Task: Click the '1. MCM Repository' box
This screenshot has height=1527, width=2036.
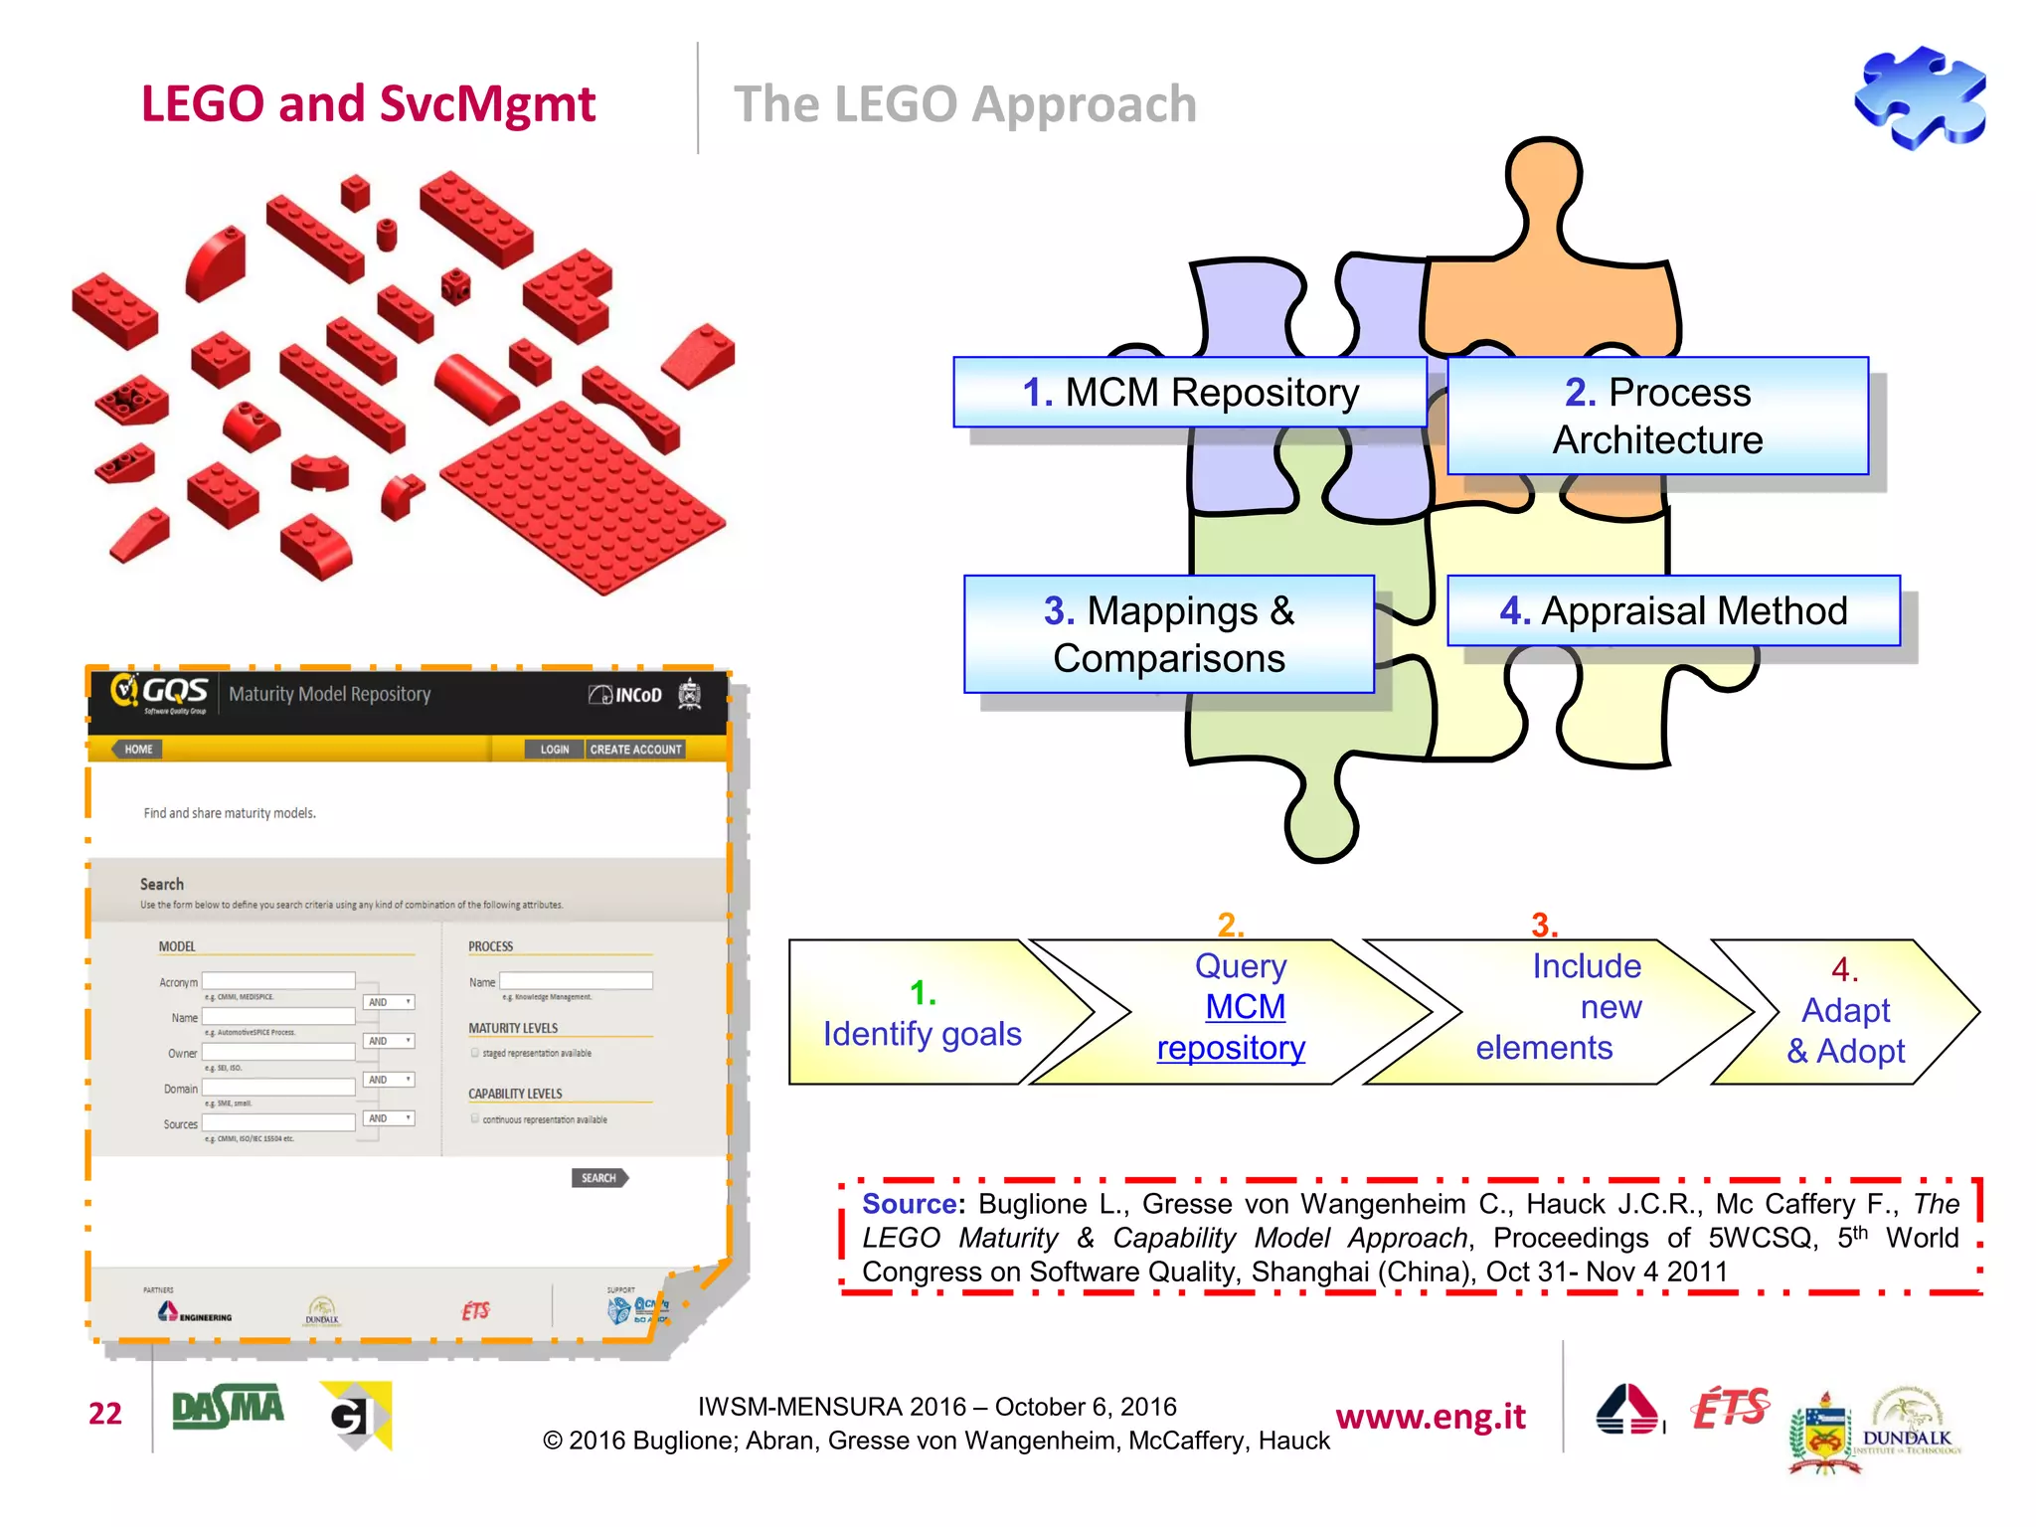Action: pos(1189,393)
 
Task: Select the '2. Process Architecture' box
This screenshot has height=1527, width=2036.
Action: pos(1657,416)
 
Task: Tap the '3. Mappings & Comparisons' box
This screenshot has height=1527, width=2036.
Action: pos(1168,634)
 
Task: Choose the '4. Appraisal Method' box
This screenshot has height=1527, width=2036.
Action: pos(1672,610)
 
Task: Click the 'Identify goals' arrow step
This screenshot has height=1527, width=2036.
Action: pos(923,1014)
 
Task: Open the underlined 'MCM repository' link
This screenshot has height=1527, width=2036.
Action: pos(1234,1028)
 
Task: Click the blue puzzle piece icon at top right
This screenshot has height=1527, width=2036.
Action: pos(1920,97)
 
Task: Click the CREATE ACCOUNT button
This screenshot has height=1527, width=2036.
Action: pos(635,750)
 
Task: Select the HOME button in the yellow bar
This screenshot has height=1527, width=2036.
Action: pos(138,750)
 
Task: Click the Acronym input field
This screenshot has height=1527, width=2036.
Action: pos(278,981)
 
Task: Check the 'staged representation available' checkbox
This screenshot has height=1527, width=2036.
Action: pos(475,1053)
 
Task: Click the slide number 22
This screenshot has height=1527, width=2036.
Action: pos(105,1414)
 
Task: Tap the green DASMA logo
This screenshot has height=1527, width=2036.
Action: pos(228,1409)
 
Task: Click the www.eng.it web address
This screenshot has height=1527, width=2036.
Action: pos(1430,1417)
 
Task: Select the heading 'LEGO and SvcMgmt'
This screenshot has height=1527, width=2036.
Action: pos(368,104)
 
